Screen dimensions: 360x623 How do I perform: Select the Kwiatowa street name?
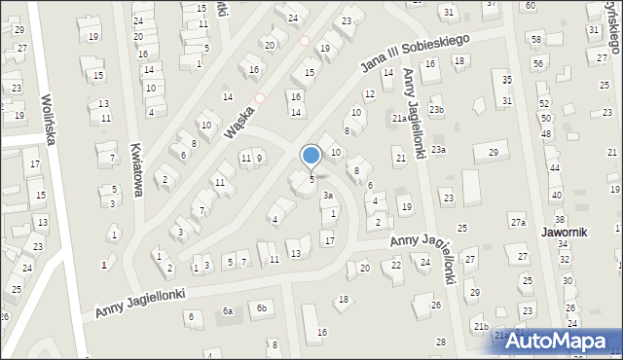click(136, 170)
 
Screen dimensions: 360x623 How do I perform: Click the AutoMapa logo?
click(561, 341)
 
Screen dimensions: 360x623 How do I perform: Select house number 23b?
click(437, 110)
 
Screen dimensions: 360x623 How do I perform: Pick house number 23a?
click(439, 149)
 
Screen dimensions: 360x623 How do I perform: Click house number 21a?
click(399, 119)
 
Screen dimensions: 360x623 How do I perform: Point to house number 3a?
click(329, 196)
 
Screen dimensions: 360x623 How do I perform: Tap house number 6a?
click(228, 311)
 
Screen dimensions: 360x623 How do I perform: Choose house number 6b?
click(261, 308)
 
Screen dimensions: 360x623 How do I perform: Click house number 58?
click(536, 38)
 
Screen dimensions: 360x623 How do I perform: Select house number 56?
click(537, 63)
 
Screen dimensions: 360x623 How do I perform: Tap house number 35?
click(507, 78)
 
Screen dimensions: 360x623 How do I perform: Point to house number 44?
click(555, 168)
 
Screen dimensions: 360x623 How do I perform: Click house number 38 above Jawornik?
click(560, 219)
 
